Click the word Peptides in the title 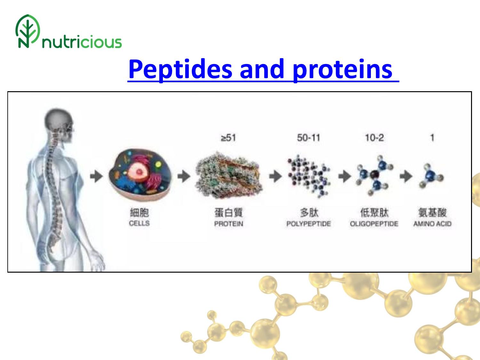point(180,70)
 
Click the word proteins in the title point(342,70)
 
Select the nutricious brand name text point(82,42)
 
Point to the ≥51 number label point(228,138)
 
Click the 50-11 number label point(308,138)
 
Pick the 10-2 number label point(374,138)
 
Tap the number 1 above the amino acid point(432,138)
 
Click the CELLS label point(139,223)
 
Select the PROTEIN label point(228,224)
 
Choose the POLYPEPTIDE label point(308,224)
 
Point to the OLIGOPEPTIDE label point(374,224)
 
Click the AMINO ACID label point(432,224)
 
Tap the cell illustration point(140,175)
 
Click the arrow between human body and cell point(96,176)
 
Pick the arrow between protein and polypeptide point(276,176)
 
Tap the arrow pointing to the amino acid point(406,176)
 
